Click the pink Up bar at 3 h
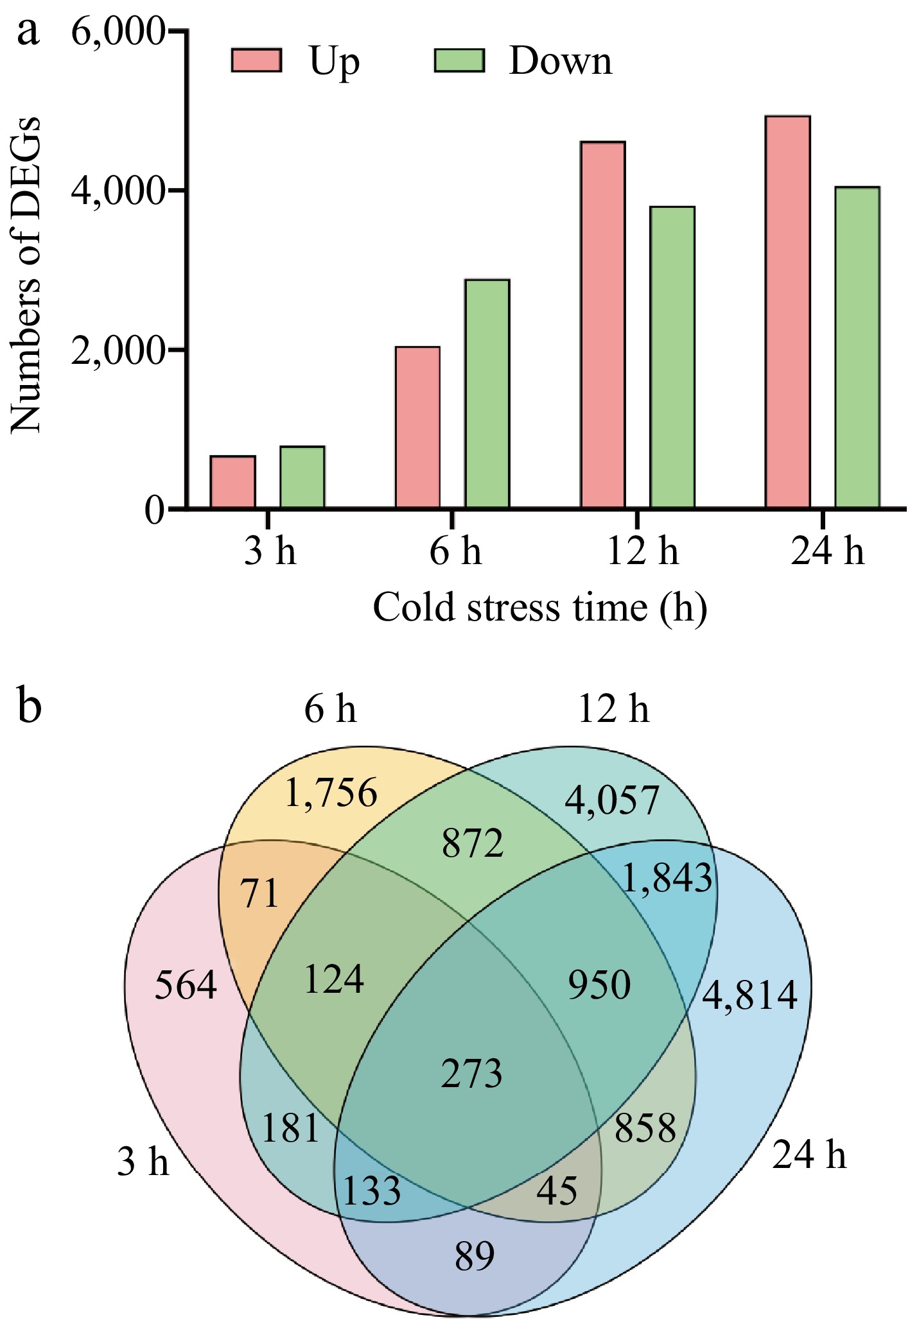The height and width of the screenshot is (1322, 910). coord(233,482)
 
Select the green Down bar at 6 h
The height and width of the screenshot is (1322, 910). coord(487,394)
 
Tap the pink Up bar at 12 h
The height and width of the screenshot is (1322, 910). coord(602,325)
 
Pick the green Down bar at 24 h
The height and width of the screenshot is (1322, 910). coord(857,348)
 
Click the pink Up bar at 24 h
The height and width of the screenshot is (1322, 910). coord(788,313)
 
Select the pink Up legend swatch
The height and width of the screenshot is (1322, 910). coord(256,60)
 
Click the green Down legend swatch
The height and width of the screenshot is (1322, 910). coord(459,60)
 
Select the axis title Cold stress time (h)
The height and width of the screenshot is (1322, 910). coord(539,607)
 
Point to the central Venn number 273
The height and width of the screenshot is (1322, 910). coord(472,1074)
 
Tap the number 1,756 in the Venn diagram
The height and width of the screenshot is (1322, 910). coord(330,793)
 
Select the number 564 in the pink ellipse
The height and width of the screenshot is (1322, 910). coord(186,985)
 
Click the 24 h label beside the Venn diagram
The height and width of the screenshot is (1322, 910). coord(809,1155)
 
